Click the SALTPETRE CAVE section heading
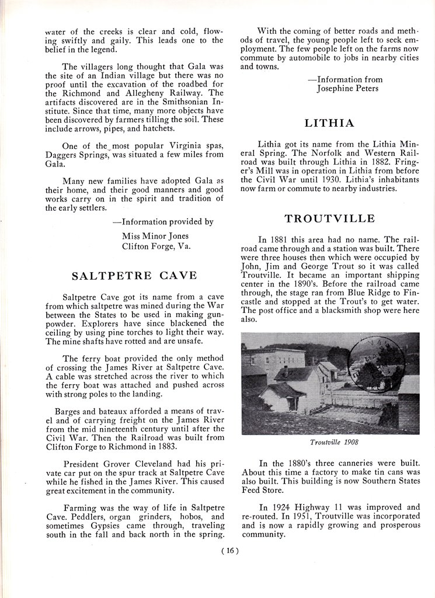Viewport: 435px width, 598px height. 134,275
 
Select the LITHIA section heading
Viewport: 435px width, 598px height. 329,123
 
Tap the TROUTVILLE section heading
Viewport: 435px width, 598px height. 329,219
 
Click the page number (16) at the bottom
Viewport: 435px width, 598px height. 231,550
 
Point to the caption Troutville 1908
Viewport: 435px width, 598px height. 330,442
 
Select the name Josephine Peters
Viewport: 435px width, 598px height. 347,89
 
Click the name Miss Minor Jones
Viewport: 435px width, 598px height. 155,236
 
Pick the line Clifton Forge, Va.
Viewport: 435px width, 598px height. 155,246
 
